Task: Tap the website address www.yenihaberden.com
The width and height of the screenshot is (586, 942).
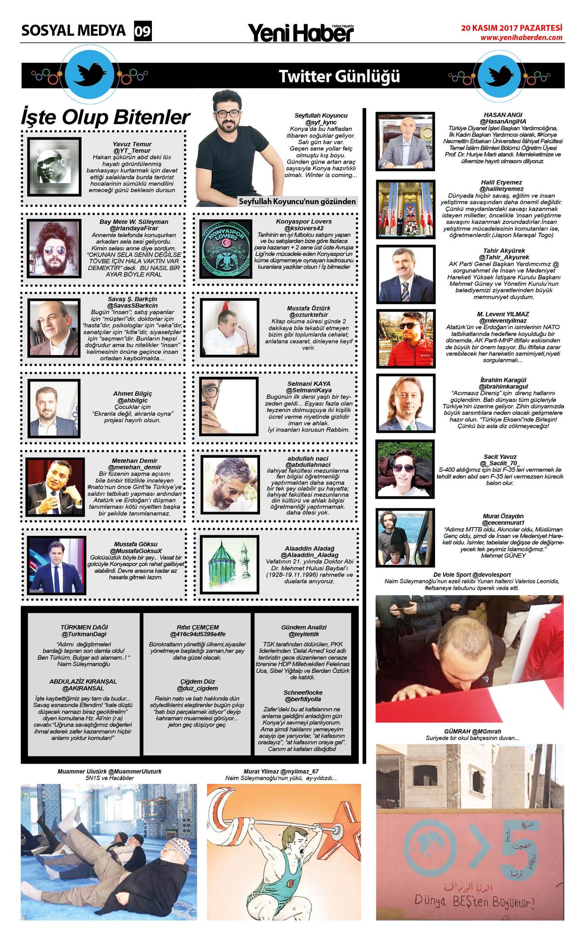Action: click(x=521, y=38)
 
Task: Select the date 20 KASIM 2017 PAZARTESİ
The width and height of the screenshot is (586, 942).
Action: click(x=512, y=28)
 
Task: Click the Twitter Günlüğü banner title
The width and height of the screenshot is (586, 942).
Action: click(x=339, y=76)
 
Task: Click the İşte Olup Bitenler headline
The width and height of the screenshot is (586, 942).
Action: click(x=105, y=118)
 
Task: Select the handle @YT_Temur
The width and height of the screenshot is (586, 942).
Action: click(x=132, y=150)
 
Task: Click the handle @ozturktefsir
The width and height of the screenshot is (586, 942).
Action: click(x=308, y=314)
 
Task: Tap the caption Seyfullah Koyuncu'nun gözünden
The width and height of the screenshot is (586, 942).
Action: click(x=298, y=201)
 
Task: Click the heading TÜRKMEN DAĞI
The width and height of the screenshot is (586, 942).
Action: click(x=84, y=627)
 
